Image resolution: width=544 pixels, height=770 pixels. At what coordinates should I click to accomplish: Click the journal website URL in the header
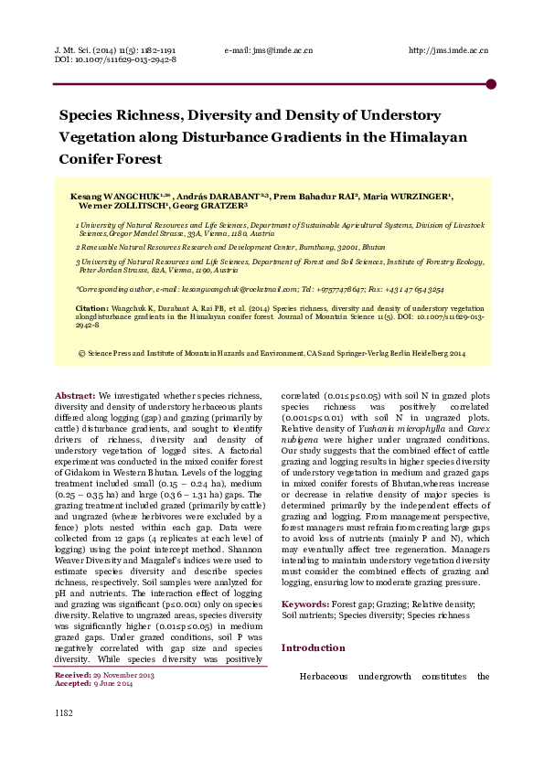coord(447,49)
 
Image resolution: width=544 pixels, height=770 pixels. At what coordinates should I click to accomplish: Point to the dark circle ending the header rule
coord(491,84)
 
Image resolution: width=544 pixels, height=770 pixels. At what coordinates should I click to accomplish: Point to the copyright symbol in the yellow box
coord(82,352)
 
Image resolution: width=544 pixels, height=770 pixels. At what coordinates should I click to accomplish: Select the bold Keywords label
coord(305,605)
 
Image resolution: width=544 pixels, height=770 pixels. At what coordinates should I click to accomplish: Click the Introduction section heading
coord(313,647)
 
